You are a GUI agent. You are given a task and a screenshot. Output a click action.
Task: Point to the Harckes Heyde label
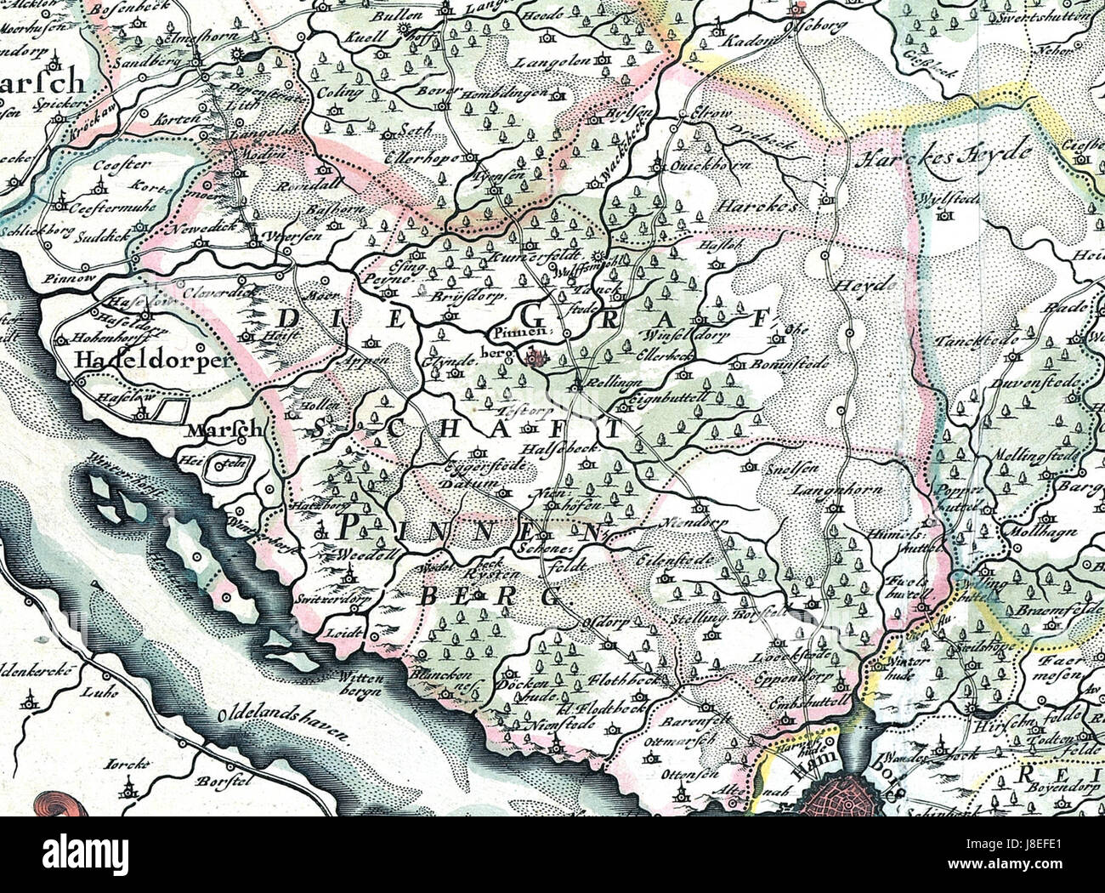click(x=943, y=157)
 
